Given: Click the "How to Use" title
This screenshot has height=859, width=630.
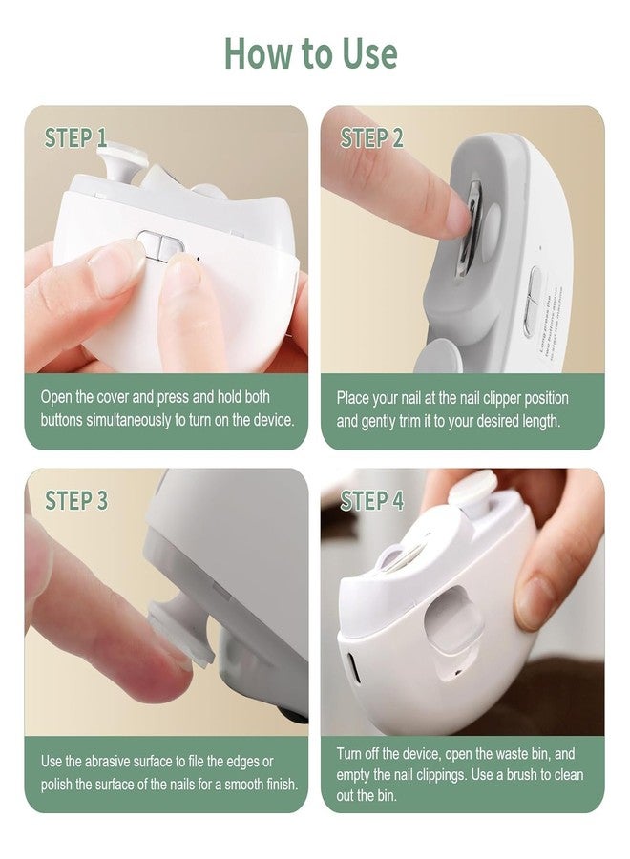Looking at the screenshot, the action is click(x=310, y=53).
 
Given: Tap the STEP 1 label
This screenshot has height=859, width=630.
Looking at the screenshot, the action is click(x=75, y=137).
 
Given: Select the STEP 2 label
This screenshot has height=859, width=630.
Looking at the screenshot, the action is click(x=371, y=137).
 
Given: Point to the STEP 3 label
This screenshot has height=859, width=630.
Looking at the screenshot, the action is click(x=76, y=500).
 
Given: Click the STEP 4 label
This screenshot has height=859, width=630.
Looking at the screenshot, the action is click(x=372, y=500).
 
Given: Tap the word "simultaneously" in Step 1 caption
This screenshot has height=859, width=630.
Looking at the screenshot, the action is click(x=129, y=420).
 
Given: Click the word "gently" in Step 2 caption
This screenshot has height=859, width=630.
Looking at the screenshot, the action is click(x=380, y=422).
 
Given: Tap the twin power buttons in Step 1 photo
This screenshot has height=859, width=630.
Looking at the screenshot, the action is click(x=159, y=246).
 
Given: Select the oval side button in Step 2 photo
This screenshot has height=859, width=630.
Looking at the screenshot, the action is click(x=531, y=299).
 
